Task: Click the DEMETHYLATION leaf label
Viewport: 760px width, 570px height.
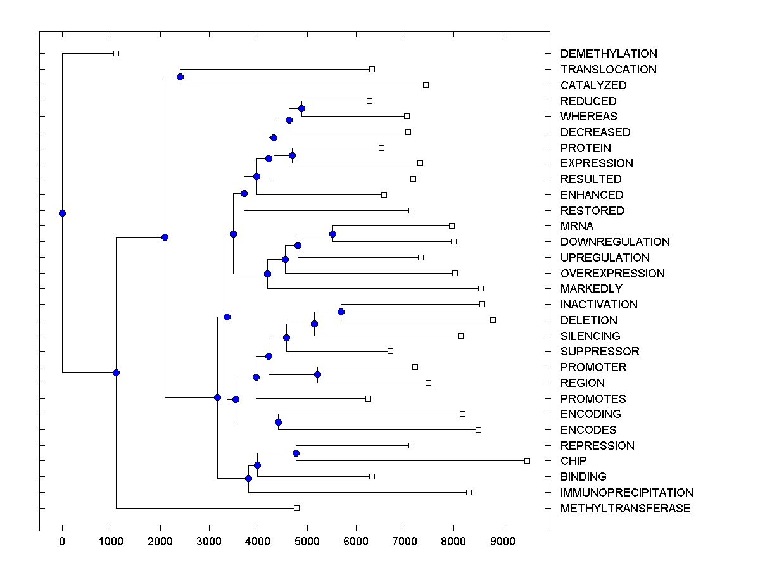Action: tap(609, 54)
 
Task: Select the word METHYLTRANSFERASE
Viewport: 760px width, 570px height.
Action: tap(625, 509)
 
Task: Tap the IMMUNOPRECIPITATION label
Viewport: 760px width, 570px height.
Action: tap(626, 493)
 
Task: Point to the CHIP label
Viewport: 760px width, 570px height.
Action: tap(574, 461)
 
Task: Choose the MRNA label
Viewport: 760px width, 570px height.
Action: tap(577, 226)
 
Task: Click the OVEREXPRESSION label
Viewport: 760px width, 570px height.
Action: tap(612, 274)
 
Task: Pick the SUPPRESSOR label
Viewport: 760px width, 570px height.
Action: tap(600, 351)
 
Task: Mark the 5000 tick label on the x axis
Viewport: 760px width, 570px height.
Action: tap(307, 541)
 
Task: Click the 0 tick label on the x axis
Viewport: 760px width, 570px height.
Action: tap(62, 541)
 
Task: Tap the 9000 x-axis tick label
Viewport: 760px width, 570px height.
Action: tap(502, 541)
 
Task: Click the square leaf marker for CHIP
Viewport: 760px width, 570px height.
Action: tap(527, 460)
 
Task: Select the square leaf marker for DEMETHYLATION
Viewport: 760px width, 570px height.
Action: tap(116, 53)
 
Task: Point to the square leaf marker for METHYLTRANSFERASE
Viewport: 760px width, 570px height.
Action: tap(296, 508)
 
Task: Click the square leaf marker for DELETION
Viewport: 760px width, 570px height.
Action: tap(493, 320)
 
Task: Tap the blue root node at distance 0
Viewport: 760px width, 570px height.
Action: tap(62, 213)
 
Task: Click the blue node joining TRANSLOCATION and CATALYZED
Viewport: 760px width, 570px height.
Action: tap(180, 77)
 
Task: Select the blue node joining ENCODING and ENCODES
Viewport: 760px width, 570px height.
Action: tap(278, 422)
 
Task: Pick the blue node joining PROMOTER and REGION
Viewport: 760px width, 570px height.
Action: tap(317, 374)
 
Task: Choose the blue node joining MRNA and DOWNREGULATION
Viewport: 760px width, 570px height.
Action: tap(332, 234)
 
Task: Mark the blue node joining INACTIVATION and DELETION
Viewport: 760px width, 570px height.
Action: tap(341, 312)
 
